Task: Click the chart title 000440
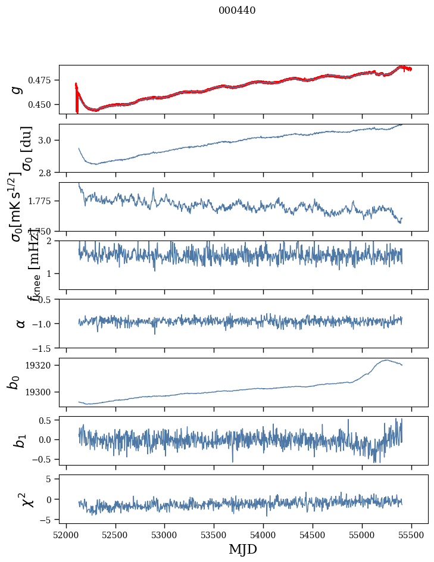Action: (x=237, y=10)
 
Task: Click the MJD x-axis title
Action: (x=243, y=549)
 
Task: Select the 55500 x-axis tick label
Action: (x=411, y=535)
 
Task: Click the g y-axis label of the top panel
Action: (x=17, y=89)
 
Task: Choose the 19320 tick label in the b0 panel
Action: (x=41, y=365)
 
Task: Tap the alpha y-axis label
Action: (x=20, y=323)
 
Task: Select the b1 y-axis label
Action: (x=20, y=441)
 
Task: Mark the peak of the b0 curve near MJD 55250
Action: (x=387, y=360)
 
